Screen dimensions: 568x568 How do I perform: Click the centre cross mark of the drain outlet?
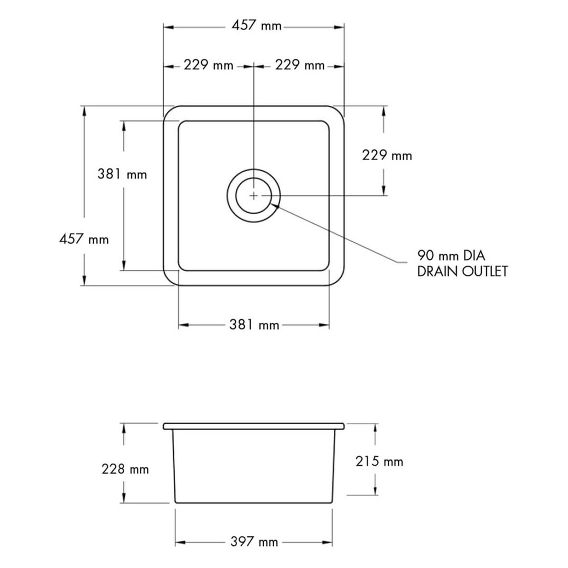point(254,196)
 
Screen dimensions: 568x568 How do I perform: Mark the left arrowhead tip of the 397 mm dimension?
point(175,542)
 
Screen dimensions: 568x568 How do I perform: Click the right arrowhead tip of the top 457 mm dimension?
point(344,27)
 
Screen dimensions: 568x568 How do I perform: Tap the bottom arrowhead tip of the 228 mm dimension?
point(124,502)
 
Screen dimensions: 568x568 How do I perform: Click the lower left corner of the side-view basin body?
point(175,502)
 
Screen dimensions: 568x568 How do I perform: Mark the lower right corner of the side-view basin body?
point(332,502)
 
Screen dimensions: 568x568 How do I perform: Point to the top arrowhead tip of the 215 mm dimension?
point(375,424)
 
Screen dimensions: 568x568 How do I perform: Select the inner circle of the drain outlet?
point(254,196)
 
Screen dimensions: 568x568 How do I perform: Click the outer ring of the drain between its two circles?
point(254,174)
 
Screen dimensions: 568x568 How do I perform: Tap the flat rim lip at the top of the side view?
point(254,426)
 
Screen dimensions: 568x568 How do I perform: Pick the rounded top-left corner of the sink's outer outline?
point(168,111)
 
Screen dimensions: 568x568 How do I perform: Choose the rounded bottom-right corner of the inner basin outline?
point(326,267)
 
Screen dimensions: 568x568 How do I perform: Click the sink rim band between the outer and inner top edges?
point(254,113)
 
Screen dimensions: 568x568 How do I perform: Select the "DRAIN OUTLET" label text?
point(463,271)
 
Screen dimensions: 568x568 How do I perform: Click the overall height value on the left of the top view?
point(84,239)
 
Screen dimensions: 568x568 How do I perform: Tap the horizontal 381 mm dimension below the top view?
point(254,325)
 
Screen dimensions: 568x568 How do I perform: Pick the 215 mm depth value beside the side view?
point(379,462)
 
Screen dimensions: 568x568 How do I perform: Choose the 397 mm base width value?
point(254,542)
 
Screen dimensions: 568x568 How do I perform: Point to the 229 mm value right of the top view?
point(387,155)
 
